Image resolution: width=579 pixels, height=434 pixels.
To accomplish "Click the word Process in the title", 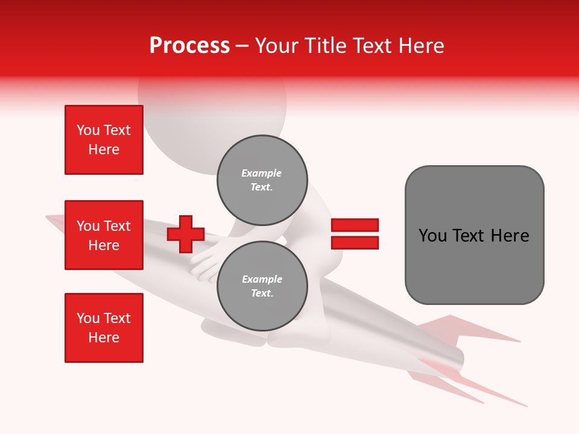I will coord(189,46).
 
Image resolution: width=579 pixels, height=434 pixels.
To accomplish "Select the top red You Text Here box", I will coord(104,140).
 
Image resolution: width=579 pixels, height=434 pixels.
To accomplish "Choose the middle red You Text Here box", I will coord(104,235).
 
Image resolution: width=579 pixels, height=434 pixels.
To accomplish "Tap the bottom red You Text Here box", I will coord(104,328).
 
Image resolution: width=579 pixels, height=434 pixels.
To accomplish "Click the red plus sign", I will coord(186,234).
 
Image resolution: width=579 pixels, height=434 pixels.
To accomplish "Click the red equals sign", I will coord(355,234).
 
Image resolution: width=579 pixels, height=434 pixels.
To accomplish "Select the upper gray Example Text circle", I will coord(262,180).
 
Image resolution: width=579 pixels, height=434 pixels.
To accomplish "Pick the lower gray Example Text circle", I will coord(262,286).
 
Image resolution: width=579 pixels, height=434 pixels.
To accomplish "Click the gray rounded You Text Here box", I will coord(474,235).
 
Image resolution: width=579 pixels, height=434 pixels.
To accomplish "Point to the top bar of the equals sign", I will coord(355,225).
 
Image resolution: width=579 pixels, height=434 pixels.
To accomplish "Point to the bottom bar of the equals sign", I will coord(355,242).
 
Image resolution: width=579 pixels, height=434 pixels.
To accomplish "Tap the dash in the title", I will coord(242,46).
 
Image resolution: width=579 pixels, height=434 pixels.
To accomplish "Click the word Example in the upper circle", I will coord(262,173).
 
